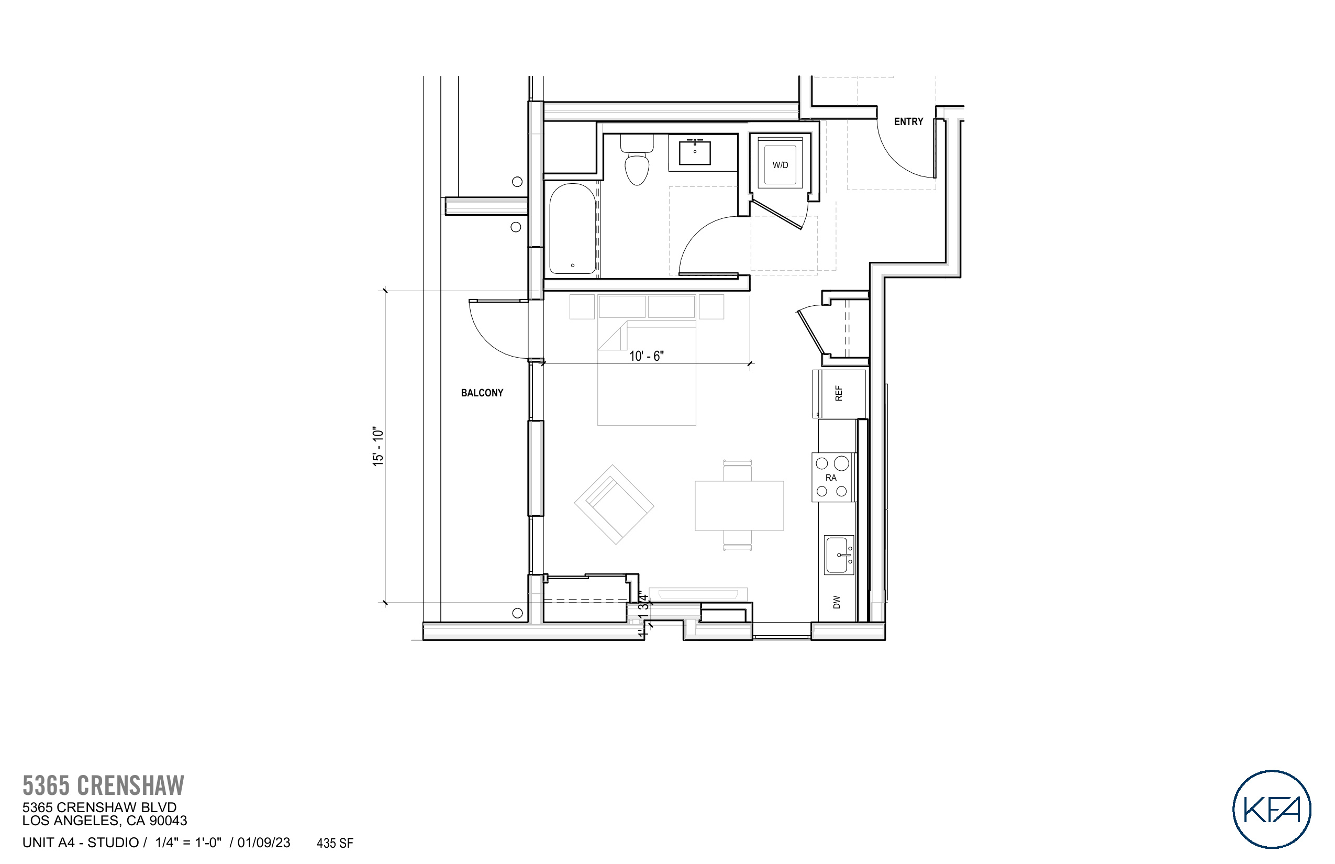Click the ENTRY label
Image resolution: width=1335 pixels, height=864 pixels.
tap(908, 121)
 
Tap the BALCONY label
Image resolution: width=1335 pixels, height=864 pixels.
tap(482, 393)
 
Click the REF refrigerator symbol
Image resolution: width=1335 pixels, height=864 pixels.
tap(840, 393)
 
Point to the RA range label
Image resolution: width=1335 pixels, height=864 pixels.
tap(831, 478)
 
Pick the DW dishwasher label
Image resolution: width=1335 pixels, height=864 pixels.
tap(837, 602)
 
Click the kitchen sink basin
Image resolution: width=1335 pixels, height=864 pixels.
tap(838, 555)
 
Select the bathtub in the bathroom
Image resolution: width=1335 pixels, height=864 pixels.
tap(572, 229)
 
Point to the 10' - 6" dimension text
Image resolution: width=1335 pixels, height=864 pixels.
tap(646, 356)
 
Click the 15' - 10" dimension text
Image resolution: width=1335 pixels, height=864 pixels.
tap(378, 447)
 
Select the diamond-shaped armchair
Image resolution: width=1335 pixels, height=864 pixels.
tap(614, 504)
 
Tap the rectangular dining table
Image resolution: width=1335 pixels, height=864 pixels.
tap(739, 505)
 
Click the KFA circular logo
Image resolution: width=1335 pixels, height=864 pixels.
tap(1271, 808)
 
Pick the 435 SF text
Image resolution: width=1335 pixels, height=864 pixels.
tap(335, 843)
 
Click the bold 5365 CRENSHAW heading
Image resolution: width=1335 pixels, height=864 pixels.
tap(103, 785)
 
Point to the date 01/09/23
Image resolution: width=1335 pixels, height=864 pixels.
tap(264, 843)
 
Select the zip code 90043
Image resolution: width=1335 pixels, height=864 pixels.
tap(168, 821)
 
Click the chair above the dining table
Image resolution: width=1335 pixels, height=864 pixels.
tap(737, 470)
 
